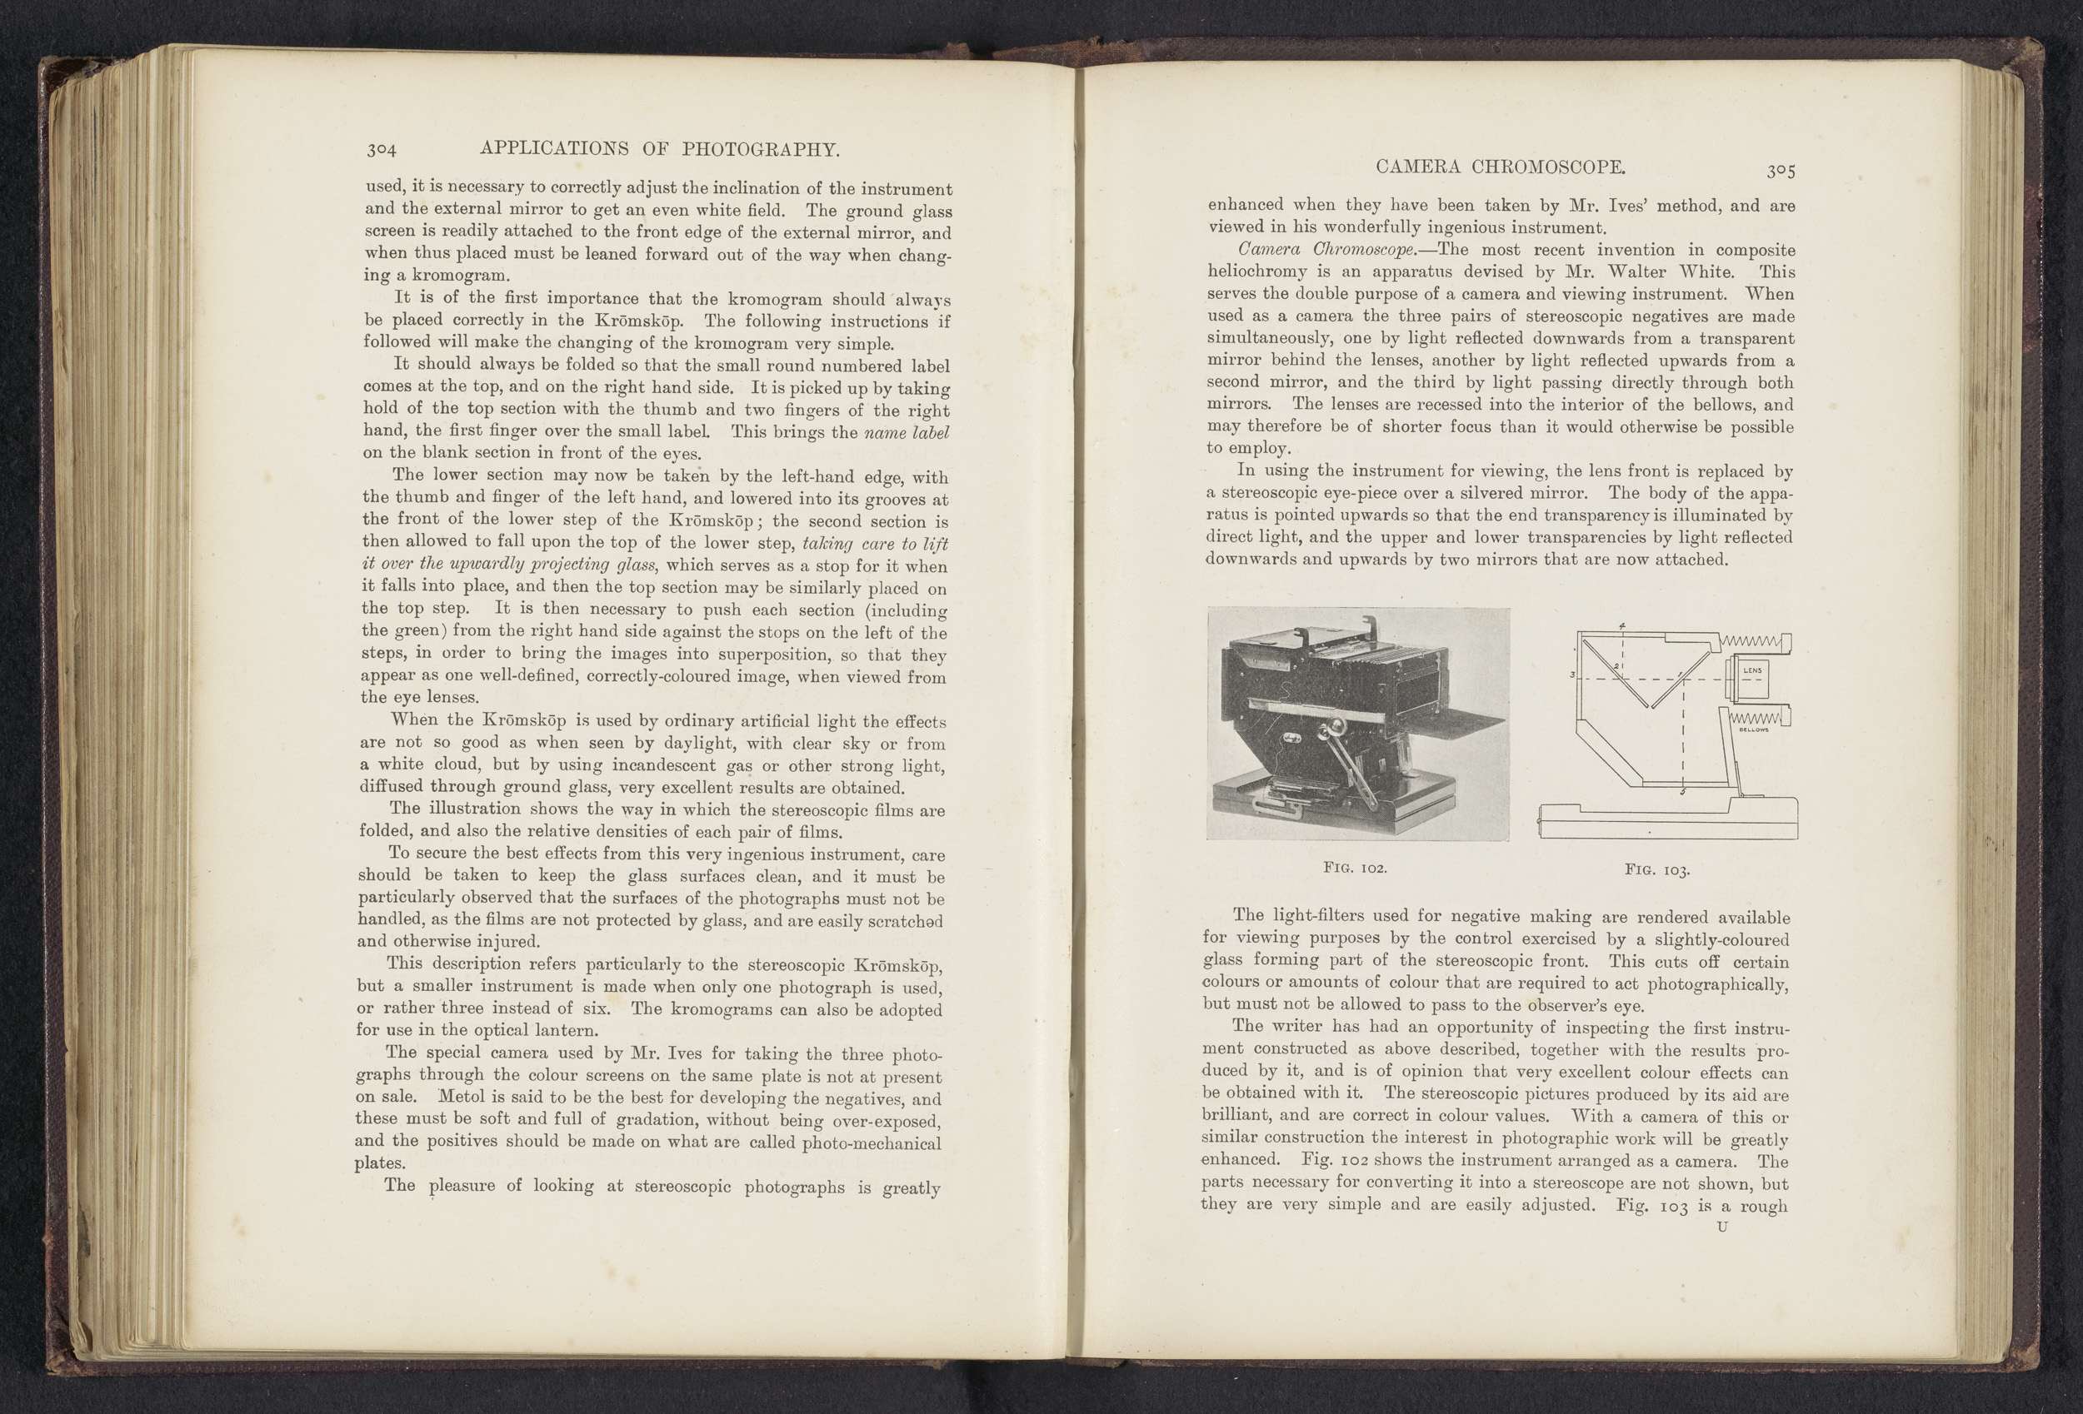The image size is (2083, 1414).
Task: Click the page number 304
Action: click(x=381, y=150)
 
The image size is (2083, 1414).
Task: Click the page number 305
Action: click(x=1780, y=170)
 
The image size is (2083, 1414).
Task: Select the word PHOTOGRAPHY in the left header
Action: click(x=760, y=150)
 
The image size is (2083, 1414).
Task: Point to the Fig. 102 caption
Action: click(x=1356, y=869)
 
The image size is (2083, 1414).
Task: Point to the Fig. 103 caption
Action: click(x=1657, y=870)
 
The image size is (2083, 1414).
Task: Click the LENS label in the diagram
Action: click(x=1752, y=670)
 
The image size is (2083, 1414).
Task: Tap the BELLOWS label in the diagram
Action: click(x=1753, y=729)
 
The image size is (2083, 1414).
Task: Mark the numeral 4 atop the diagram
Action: click(x=1622, y=626)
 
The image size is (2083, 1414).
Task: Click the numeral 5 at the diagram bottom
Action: click(x=1681, y=792)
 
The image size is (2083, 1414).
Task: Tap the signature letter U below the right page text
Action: click(x=1721, y=1227)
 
